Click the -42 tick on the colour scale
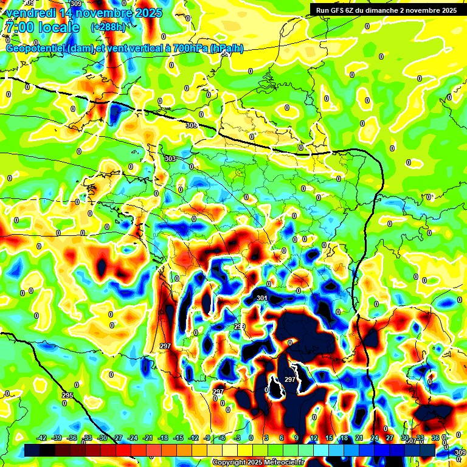(42, 438)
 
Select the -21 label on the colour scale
(148, 438)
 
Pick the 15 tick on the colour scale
(329, 438)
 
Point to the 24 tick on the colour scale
(375, 438)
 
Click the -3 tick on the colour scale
(238, 438)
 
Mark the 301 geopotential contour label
(262, 299)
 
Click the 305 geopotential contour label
(192, 125)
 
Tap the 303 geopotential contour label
(170, 159)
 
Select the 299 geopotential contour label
(240, 327)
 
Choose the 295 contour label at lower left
(67, 396)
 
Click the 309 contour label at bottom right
(460, 452)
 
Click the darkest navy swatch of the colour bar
(32, 450)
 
